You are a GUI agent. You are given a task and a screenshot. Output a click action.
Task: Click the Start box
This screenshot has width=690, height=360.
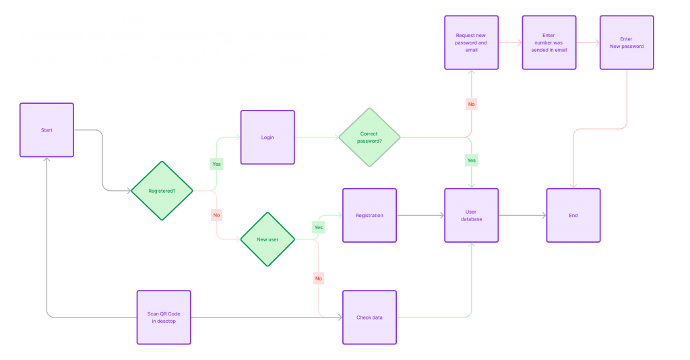click(x=46, y=130)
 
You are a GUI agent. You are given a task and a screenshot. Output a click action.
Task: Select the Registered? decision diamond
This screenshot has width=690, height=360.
click(x=162, y=191)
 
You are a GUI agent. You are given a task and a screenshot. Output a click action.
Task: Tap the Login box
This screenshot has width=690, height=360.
click(x=268, y=138)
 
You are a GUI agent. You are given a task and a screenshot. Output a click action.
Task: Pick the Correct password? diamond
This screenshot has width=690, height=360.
click(x=369, y=138)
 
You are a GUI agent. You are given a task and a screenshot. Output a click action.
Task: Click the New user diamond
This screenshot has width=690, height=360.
click(x=268, y=239)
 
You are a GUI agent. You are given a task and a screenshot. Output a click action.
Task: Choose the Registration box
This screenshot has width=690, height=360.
click(x=369, y=215)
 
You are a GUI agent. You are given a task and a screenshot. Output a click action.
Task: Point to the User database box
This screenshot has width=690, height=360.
click(x=472, y=215)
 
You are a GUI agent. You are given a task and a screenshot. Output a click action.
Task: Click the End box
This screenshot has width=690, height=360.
click(x=573, y=215)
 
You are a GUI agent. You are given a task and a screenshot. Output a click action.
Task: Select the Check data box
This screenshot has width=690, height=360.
click(x=369, y=318)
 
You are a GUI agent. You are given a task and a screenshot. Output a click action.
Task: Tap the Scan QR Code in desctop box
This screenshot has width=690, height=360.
click(x=164, y=318)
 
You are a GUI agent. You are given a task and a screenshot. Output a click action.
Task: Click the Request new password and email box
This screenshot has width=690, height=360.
click(x=472, y=42)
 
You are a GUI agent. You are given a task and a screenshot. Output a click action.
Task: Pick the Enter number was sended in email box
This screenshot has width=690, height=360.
click(x=548, y=42)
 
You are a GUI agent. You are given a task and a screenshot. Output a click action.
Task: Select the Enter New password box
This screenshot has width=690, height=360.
click(x=627, y=42)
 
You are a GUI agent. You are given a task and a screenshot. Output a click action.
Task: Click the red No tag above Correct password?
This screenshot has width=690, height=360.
click(x=471, y=104)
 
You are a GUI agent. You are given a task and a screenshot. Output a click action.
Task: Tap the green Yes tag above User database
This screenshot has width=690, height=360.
click(x=471, y=160)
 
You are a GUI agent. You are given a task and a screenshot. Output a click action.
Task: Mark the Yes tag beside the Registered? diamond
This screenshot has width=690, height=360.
click(x=217, y=163)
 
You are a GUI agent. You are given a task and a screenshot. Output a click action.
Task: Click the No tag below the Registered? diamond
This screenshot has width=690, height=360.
click(x=217, y=214)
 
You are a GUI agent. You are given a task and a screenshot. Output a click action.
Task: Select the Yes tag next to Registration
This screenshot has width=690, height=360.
click(x=319, y=228)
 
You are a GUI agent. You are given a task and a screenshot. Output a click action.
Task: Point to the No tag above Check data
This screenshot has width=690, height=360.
click(x=319, y=278)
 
